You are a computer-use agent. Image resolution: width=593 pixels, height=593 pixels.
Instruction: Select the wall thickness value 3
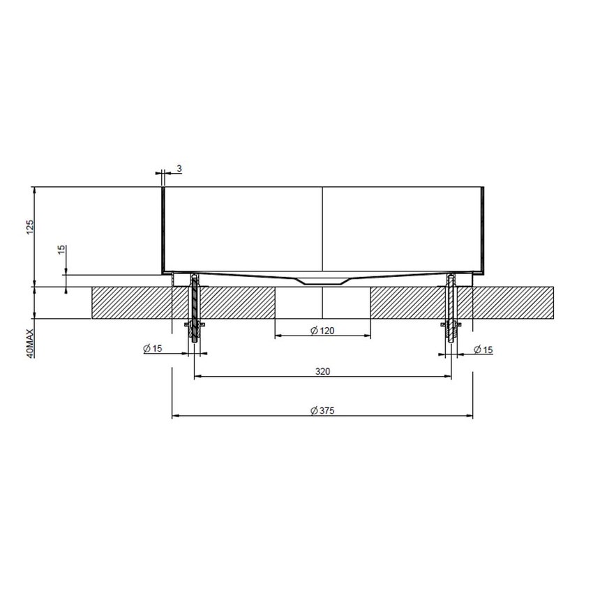tap(179, 169)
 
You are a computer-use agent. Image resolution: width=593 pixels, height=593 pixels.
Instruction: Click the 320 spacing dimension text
tap(322, 371)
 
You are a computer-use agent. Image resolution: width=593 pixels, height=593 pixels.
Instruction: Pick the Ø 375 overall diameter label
tap(322, 411)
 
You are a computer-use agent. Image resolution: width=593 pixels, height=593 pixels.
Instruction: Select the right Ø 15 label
tap(483, 349)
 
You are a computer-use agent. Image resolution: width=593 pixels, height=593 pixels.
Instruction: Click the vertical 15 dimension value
tap(62, 250)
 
